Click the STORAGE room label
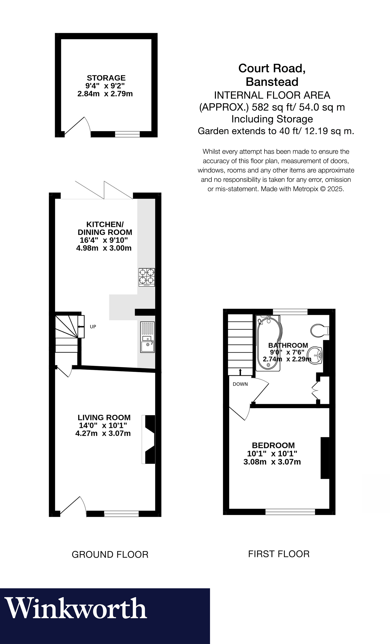point(106,78)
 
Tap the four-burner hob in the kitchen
point(146,277)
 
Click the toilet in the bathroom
point(319,330)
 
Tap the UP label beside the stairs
point(93,327)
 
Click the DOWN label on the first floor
point(240,384)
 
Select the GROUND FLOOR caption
point(110,555)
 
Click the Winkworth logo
point(76,609)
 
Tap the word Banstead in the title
point(272,82)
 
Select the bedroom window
point(290,512)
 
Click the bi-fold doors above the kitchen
point(104,190)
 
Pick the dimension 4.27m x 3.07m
point(103,433)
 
